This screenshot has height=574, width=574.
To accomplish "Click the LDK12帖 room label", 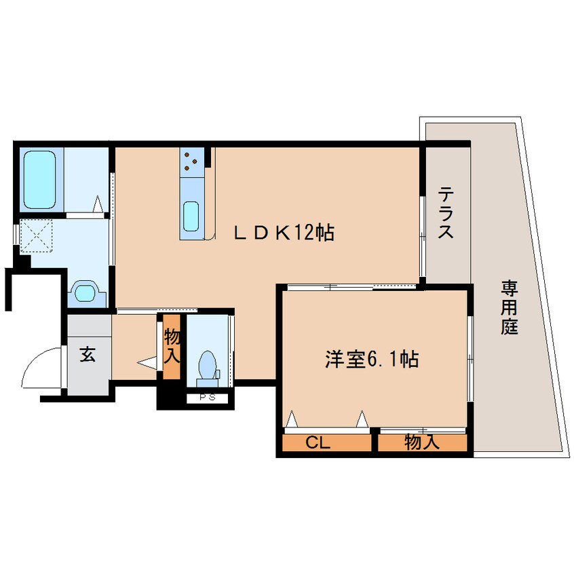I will pyautogui.click(x=284, y=233).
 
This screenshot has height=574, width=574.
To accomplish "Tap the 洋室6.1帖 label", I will pyautogui.click(x=370, y=359).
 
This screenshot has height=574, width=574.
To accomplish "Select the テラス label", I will pyautogui.click(x=445, y=213).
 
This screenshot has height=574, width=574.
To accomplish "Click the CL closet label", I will pyautogui.click(x=318, y=444).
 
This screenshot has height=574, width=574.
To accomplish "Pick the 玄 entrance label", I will pyautogui.click(x=88, y=353).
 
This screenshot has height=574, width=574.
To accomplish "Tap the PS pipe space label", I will pyautogui.click(x=207, y=398).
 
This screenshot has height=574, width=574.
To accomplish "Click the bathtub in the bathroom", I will pyautogui.click(x=40, y=179).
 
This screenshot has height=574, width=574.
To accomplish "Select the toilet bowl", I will pyautogui.click(x=206, y=365).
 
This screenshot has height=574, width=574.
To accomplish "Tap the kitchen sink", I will pyautogui.click(x=191, y=216).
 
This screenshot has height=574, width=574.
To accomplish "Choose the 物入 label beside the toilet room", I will pyautogui.click(x=172, y=344).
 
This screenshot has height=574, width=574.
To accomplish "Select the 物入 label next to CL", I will pyautogui.click(x=421, y=444).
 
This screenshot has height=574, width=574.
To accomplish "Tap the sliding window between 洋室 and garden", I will pyautogui.click(x=470, y=357).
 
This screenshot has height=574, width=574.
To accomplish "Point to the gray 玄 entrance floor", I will pyautogui.click(x=88, y=370).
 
